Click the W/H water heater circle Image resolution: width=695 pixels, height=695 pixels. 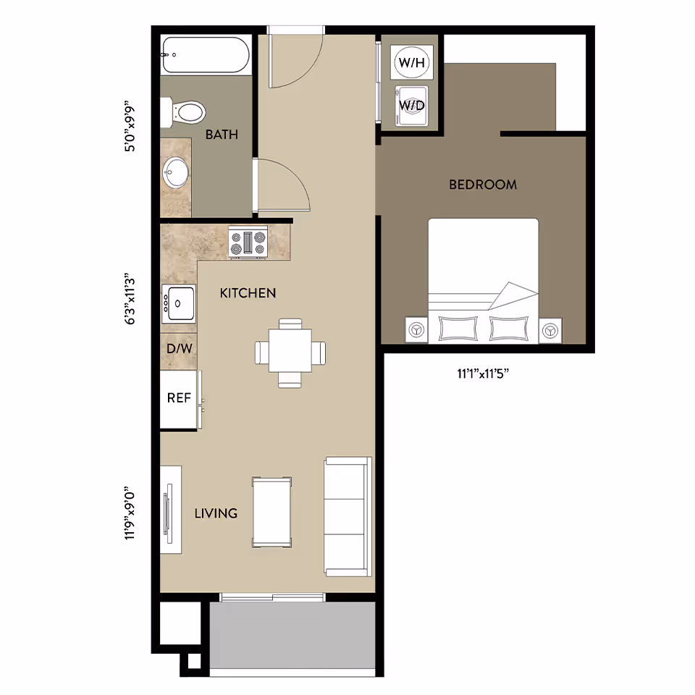click(411, 62)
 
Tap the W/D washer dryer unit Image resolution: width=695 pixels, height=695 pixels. click(411, 105)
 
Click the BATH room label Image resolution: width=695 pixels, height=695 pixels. click(222, 135)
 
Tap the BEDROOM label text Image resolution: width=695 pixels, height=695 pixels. click(483, 185)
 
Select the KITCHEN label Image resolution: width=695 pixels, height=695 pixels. click(248, 293)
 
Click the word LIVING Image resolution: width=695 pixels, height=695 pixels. click(216, 513)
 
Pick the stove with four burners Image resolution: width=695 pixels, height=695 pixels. click(248, 243)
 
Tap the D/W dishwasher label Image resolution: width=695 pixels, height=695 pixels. click(180, 349)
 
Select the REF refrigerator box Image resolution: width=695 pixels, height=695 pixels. click(179, 398)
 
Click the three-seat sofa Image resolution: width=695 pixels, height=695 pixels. click(347, 516)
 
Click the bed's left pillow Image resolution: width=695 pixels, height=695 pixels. click(458, 329)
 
